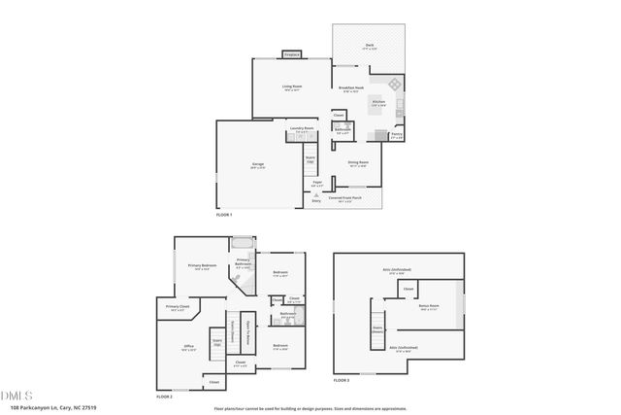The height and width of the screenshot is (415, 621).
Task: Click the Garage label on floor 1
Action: tap(258, 164)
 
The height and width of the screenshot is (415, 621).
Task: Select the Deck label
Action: tap(370, 46)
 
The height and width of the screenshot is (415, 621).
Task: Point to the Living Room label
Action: tap(293, 87)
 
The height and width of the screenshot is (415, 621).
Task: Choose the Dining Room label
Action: tap(357, 163)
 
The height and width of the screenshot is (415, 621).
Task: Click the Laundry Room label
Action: tap(301, 129)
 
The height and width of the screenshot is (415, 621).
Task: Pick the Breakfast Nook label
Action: tap(351, 87)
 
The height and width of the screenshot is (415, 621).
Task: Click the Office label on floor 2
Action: tap(189, 346)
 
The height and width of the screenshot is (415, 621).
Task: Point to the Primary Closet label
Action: tap(176, 308)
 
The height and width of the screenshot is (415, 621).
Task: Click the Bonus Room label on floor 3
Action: tap(429, 308)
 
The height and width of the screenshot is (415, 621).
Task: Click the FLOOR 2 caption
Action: tap(164, 398)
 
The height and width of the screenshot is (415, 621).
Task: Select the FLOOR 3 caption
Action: tap(341, 380)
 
